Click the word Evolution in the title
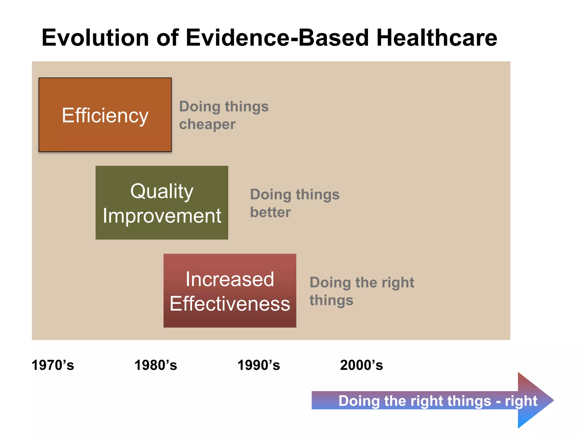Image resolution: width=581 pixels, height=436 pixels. [95, 38]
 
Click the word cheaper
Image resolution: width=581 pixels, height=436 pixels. [207, 124]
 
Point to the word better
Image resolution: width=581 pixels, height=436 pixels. [270, 212]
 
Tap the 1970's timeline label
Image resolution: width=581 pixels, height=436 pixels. [53, 365]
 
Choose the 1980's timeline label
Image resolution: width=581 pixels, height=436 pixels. [155, 365]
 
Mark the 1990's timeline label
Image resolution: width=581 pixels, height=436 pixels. [258, 365]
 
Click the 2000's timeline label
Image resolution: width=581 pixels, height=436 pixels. [361, 365]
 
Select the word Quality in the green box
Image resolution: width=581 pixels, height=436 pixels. [162, 191]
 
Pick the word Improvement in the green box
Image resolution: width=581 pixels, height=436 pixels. [162, 216]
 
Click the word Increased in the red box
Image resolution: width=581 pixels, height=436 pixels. [230, 279]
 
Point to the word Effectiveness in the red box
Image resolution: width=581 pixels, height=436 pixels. [230, 304]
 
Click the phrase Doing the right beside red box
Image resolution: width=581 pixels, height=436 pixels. [362, 283]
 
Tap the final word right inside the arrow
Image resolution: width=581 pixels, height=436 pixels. [521, 401]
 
